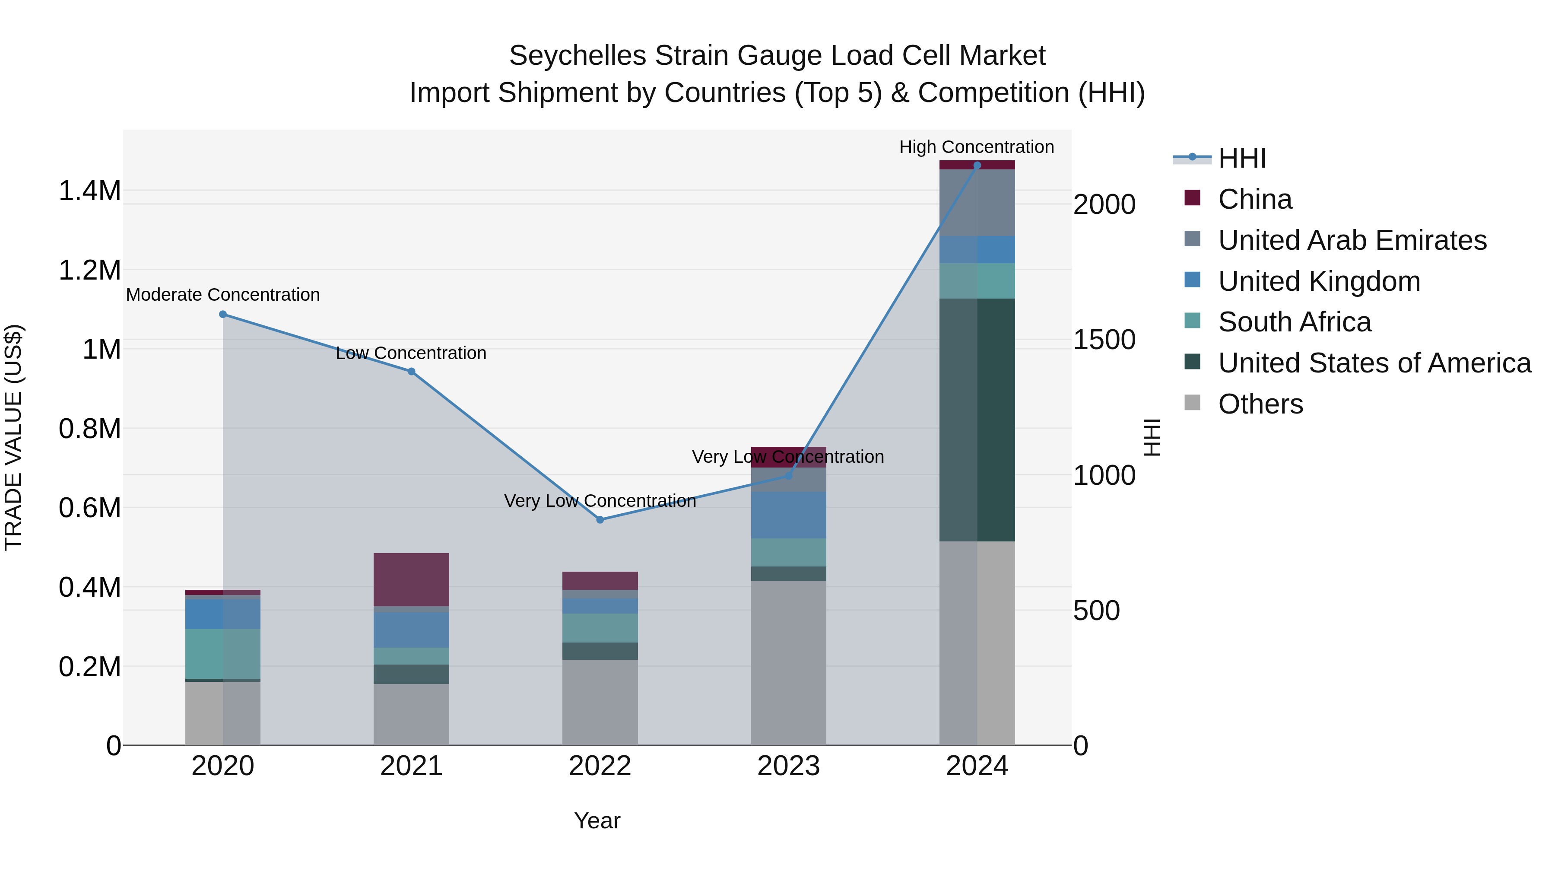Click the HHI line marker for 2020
[223, 314]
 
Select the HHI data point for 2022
[600, 519]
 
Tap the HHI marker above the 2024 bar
[977, 165]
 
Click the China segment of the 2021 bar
[411, 579]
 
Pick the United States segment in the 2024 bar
[977, 419]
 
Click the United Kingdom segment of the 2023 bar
[788, 515]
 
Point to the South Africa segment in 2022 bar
[600, 627]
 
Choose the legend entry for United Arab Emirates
[1352, 240]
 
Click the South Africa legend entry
[1294, 322]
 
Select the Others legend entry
[1260, 404]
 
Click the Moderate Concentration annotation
[223, 295]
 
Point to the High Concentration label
[976, 147]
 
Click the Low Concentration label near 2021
[411, 353]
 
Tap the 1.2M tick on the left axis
[89, 270]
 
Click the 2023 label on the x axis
[788, 766]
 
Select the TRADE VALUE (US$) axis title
[13, 437]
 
